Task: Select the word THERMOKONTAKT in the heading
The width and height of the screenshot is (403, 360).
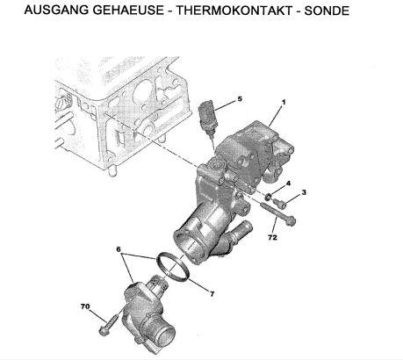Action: pyautogui.click(x=234, y=11)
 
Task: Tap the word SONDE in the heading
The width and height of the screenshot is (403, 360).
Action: pyautogui.click(x=327, y=11)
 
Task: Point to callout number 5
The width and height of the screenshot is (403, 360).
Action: pyautogui.click(x=240, y=99)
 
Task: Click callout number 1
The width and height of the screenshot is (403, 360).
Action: pyautogui.click(x=283, y=103)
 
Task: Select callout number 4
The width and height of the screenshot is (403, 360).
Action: pyautogui.click(x=288, y=184)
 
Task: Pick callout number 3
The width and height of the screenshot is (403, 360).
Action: pyautogui.click(x=304, y=192)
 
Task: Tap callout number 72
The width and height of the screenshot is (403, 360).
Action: pyautogui.click(x=272, y=237)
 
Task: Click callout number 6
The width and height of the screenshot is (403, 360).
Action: pyautogui.click(x=119, y=249)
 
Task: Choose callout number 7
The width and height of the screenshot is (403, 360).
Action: pyautogui.click(x=212, y=293)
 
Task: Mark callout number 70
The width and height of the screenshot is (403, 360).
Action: pyautogui.click(x=85, y=306)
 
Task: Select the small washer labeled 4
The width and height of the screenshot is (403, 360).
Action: pyautogui.click(x=268, y=198)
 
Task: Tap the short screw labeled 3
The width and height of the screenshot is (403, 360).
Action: pyautogui.click(x=279, y=204)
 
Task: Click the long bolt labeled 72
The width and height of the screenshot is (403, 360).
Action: pyautogui.click(x=278, y=212)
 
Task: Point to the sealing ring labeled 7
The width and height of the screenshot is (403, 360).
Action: pyautogui.click(x=173, y=266)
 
